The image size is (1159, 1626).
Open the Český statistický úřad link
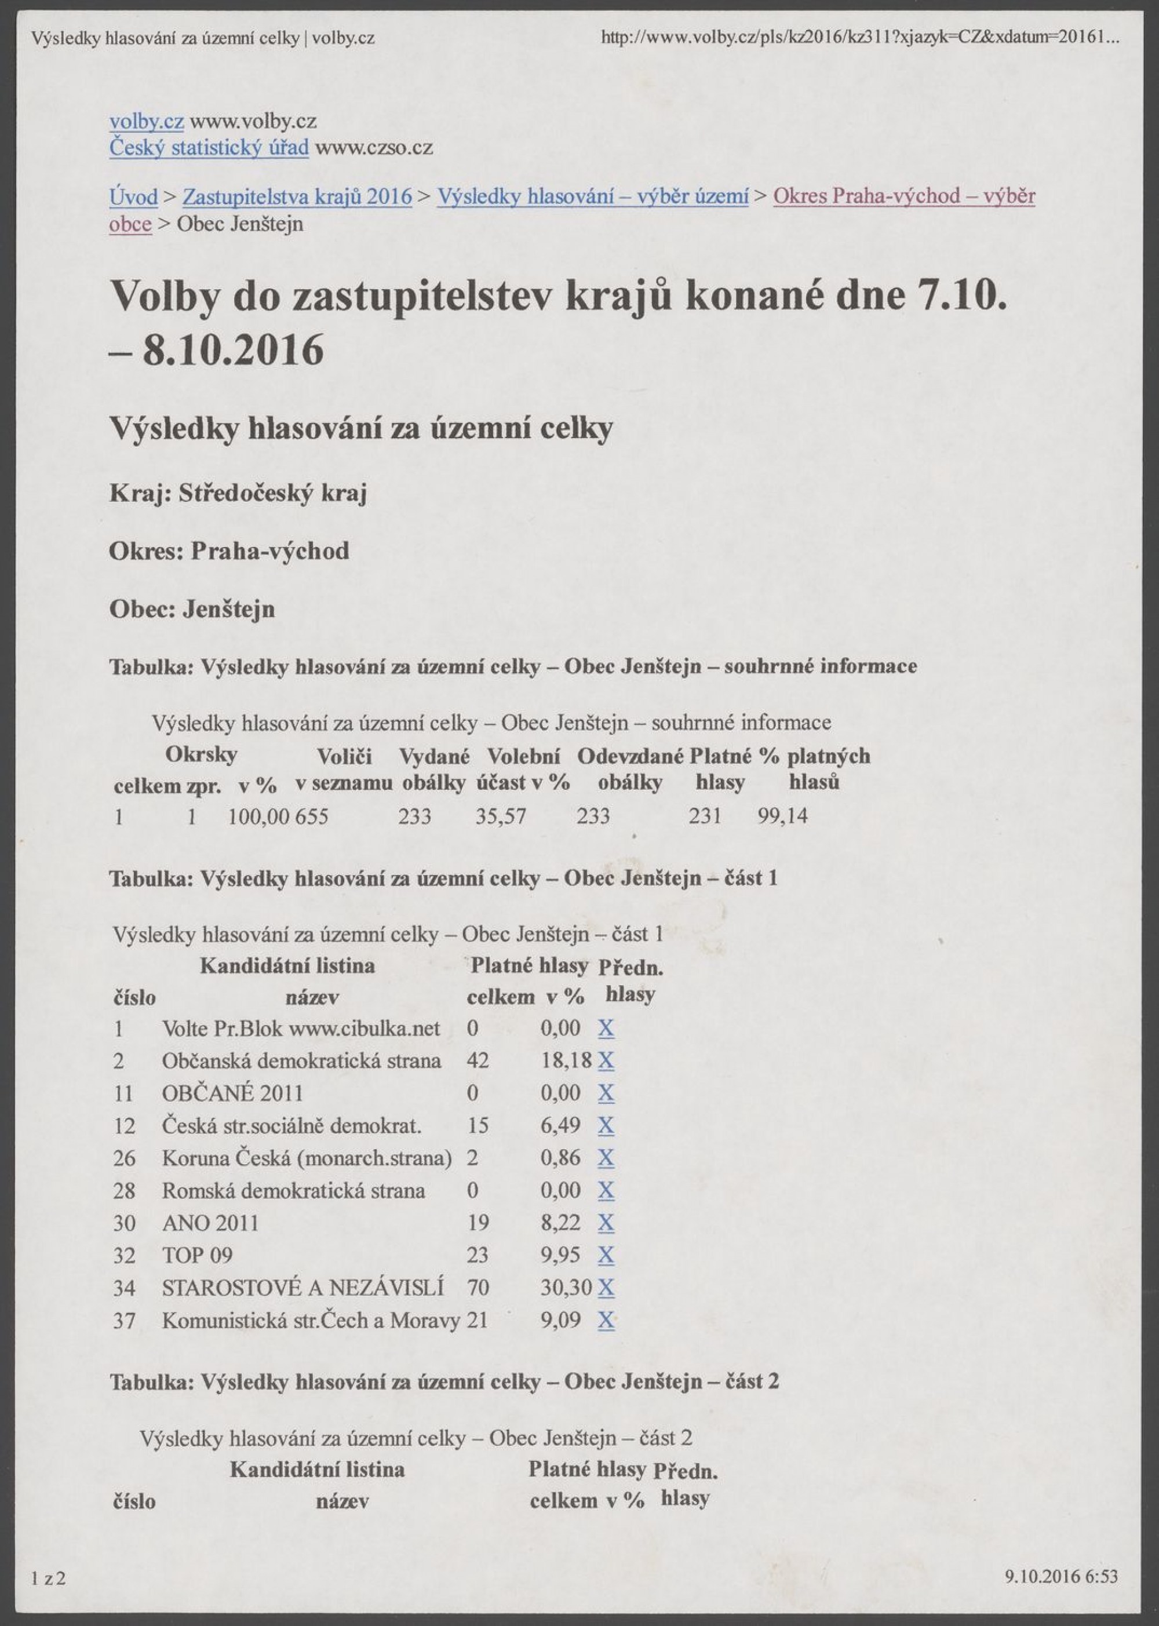pos(209,148)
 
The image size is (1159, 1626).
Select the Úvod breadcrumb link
pos(133,196)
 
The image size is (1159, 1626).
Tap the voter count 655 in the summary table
pos(312,816)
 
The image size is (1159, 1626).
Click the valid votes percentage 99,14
pos(782,816)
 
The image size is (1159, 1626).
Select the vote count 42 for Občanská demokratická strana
pos(478,1061)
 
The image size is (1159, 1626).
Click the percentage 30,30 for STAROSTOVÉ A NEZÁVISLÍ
pos(566,1288)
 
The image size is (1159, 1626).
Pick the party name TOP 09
pos(197,1256)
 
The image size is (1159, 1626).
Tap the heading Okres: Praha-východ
pos(229,552)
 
